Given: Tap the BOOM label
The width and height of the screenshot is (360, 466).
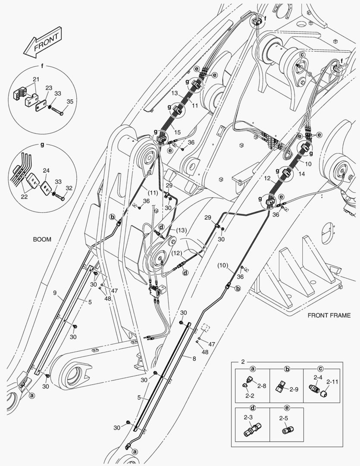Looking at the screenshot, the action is (42, 239).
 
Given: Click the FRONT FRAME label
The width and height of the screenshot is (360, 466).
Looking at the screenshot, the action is (329, 315).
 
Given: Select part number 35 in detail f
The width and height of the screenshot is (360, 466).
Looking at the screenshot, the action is (70, 101).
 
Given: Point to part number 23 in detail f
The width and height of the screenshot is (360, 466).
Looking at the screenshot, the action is (49, 88).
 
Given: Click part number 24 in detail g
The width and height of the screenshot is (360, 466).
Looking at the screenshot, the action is (46, 170).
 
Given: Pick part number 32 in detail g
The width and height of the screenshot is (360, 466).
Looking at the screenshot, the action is (69, 188).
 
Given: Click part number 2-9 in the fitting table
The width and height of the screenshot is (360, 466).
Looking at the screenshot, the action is (294, 389).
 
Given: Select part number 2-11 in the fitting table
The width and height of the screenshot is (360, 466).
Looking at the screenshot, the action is (332, 381).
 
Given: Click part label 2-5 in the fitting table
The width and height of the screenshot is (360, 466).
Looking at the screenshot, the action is (283, 418).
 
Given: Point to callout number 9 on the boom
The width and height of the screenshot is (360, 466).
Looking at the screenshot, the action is (55, 293).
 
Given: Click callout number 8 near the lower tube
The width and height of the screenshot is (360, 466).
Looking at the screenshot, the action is (194, 359).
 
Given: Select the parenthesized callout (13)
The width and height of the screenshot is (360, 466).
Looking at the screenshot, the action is (181, 230).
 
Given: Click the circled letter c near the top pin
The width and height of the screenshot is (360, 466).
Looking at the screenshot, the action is (302, 55).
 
